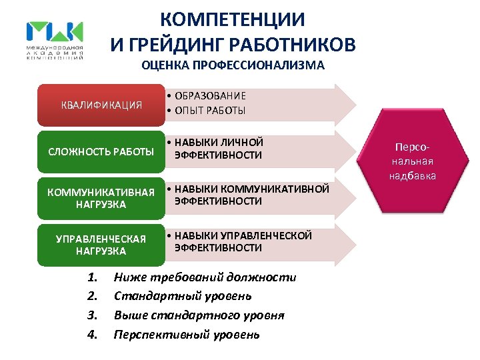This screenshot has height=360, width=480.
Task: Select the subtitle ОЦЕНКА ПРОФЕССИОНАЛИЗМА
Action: [233, 65]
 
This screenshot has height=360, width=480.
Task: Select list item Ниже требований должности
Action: [205, 277]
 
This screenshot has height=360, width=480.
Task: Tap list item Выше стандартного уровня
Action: [199, 315]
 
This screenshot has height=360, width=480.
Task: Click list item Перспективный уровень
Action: [187, 335]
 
